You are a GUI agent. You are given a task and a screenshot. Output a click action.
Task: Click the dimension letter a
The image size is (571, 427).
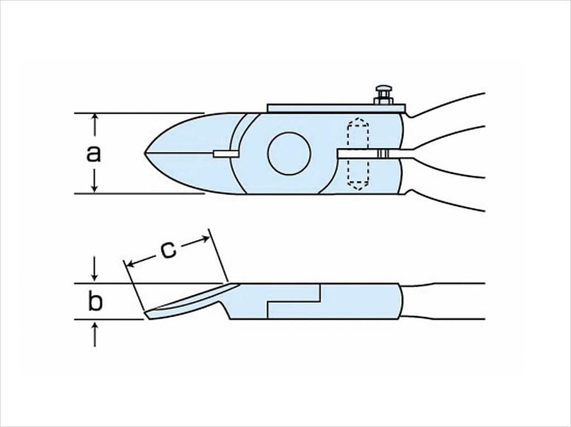point(94,153)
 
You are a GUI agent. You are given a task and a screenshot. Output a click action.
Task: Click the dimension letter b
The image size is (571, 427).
point(95,302)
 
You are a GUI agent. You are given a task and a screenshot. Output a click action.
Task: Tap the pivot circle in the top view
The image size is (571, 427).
point(289,153)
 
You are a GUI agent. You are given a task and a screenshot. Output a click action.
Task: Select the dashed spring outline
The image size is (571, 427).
point(358,153)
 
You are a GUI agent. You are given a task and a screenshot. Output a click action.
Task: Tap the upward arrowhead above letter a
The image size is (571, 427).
point(95,118)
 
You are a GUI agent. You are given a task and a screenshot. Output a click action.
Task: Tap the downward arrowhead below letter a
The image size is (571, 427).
point(95,188)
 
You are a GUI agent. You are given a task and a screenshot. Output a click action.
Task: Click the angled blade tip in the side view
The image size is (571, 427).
point(148,315)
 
